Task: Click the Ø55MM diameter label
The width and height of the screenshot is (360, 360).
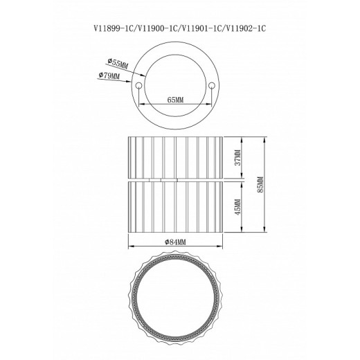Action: click(x=118, y=64)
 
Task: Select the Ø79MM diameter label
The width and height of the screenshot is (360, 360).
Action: click(x=109, y=75)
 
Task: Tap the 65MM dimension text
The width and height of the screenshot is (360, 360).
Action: click(x=175, y=100)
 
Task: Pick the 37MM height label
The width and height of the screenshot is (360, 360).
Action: click(x=237, y=157)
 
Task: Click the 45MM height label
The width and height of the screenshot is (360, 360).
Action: click(x=237, y=206)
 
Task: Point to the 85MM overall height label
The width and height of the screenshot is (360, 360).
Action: click(x=260, y=185)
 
